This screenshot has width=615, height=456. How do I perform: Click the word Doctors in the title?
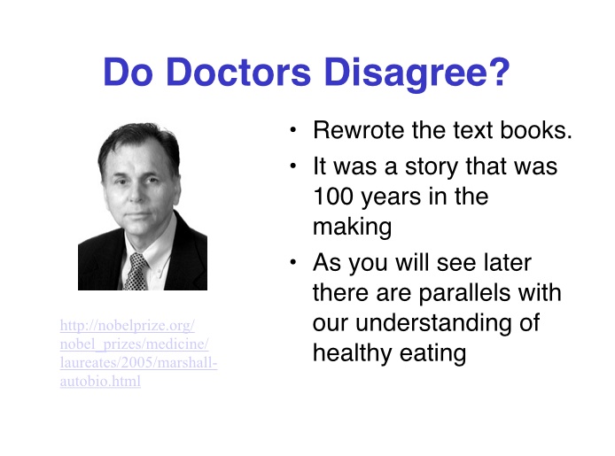coord(238,72)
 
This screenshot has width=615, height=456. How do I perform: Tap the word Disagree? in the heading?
coord(417,74)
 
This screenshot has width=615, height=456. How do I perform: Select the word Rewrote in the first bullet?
coord(358,130)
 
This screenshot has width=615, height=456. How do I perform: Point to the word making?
coord(352,227)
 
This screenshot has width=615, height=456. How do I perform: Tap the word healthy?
coord(353,353)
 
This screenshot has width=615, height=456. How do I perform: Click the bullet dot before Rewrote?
coord(293,130)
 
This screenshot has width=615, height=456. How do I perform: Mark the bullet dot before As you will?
coord(293,262)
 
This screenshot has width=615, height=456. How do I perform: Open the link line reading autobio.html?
coord(100,381)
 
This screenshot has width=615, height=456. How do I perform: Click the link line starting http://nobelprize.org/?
coord(128,326)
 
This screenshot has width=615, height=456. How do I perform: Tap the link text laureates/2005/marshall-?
coord(138,363)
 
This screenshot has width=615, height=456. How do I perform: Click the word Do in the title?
coord(128,72)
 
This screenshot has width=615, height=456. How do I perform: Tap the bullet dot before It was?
coord(293,166)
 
